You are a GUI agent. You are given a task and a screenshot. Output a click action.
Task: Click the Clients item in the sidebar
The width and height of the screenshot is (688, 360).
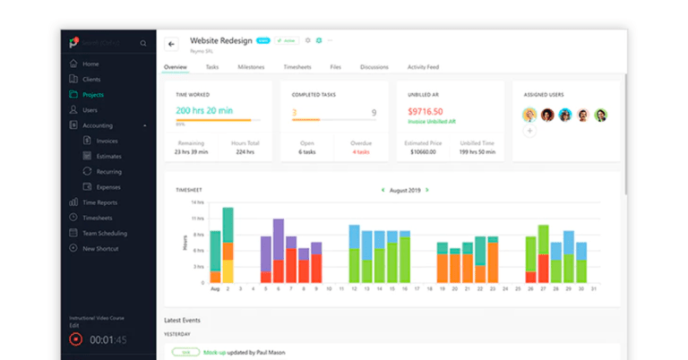(91, 79)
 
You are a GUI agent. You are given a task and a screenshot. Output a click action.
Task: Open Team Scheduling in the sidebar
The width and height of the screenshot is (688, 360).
(104, 233)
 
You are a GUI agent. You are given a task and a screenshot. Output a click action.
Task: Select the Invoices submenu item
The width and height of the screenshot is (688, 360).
(107, 141)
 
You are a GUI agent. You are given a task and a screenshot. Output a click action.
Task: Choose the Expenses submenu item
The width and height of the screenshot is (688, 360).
(107, 186)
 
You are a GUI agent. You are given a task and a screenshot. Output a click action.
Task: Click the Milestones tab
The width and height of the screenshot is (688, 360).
(251, 67)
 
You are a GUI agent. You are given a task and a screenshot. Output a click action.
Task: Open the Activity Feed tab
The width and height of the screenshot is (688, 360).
(423, 67)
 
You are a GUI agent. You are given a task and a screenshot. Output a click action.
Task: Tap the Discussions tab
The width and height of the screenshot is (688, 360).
(374, 67)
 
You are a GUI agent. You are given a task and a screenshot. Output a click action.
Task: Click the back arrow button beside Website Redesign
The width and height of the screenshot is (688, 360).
(172, 44)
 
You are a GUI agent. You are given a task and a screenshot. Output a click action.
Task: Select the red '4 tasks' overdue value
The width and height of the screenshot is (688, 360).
(361, 151)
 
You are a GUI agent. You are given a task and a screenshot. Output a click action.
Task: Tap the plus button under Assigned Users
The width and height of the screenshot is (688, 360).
(529, 131)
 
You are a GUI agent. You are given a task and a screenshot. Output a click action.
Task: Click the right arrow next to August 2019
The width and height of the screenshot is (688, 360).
(427, 190)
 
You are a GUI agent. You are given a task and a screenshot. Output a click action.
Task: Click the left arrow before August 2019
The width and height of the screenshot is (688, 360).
(383, 190)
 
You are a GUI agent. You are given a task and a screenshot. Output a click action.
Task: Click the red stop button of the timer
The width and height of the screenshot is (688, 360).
(76, 339)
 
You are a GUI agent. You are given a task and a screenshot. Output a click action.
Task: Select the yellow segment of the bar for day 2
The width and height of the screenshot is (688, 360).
(228, 271)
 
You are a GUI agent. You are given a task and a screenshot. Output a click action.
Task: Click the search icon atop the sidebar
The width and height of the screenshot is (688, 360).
(143, 43)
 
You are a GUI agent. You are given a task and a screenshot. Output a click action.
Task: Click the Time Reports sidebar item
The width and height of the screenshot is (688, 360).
(99, 202)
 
